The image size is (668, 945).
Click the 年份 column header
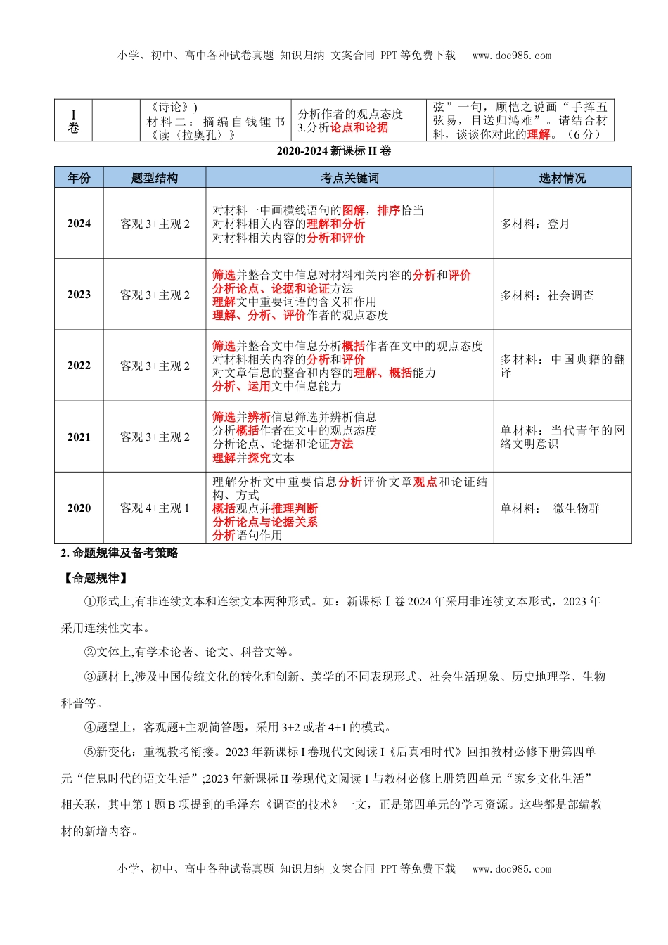coord(79,178)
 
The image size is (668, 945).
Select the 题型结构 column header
coord(155,178)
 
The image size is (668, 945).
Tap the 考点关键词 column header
coord(349,178)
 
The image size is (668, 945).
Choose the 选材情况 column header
coord(562,178)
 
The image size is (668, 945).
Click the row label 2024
coord(79,224)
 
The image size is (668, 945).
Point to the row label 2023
coord(79,295)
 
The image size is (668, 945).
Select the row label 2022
coord(79,366)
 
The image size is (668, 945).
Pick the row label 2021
coord(79,437)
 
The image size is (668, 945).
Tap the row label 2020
coord(79,508)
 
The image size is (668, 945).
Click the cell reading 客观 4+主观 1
coord(155,508)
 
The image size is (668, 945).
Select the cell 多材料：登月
coord(535,224)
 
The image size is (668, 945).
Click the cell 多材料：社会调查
coord(547,295)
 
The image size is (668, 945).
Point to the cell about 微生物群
coord(550,508)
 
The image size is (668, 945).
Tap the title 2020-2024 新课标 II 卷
coord(334,151)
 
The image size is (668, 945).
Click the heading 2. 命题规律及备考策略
coord(120,553)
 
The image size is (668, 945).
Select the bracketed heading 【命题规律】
coord(95,578)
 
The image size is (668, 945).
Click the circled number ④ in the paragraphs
coord(89,727)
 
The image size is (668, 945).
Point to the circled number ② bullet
coord(89,652)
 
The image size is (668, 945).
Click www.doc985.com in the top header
coord(512,56)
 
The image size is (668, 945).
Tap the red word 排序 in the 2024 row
coord(389,210)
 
